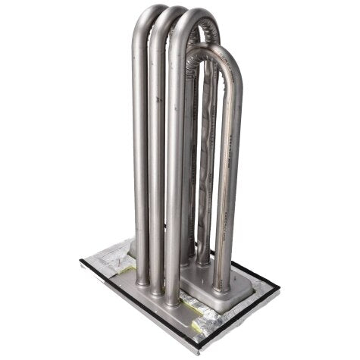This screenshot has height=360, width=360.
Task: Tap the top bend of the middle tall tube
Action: pyautogui.click(x=171, y=20)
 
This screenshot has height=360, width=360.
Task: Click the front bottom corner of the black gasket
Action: pyautogui.click(x=199, y=349)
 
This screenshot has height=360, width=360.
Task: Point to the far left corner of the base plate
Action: pyautogui.click(x=81, y=261)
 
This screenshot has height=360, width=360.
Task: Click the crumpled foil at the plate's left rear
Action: pyautogui.click(x=114, y=250)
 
